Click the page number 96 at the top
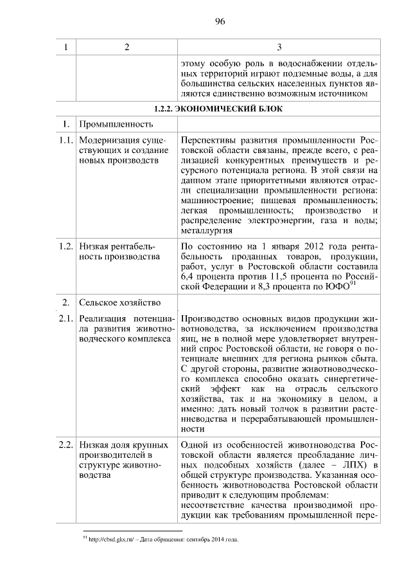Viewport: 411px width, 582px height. click(x=219, y=22)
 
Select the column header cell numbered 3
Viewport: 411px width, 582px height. click(x=279, y=48)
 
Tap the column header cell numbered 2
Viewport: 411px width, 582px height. click(x=127, y=48)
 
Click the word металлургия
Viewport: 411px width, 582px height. click(x=207, y=232)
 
